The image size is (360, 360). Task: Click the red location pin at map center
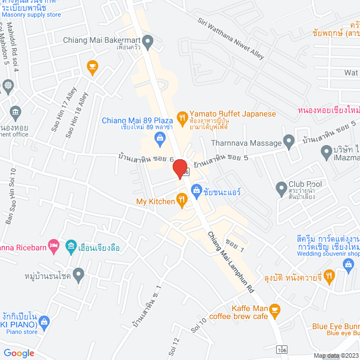coord(180,169)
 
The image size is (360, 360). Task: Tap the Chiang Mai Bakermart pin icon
coord(148,40)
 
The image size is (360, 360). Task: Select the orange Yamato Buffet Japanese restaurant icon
coord(182,118)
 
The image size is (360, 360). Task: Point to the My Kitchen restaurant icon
coord(181,198)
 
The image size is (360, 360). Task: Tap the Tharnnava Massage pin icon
coord(289,141)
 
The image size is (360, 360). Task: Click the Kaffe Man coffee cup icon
coord(274,309)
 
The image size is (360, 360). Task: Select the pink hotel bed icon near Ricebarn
coord(53,245)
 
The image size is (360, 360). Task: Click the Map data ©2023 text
coord(335,355)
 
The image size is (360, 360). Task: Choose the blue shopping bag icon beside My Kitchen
coord(196,192)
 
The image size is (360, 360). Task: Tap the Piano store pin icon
coord(45,322)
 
